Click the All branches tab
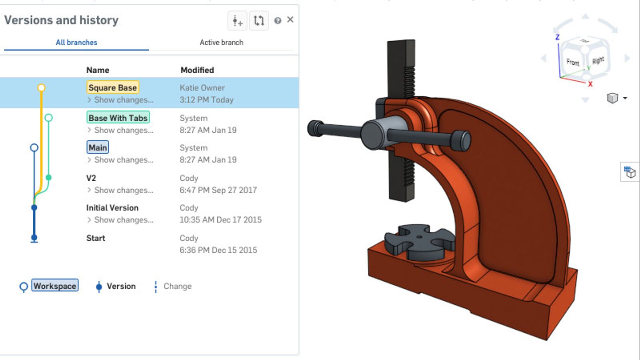pos(76,42)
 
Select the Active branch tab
pos(221,42)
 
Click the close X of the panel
pos(290,20)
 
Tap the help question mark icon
pos(278,20)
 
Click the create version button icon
pos(237,20)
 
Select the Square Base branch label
pos(112,88)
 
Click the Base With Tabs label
pos(118,118)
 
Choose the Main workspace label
pos(98,148)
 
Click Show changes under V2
pos(123,190)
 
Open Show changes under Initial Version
pos(123,220)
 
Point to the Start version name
pos(96,238)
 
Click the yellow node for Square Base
pos(41,88)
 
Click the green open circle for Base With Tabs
pos(48,118)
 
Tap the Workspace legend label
pos(55,286)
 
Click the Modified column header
pos(197,70)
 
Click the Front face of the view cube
pos(573,62)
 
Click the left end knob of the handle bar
pos(315,128)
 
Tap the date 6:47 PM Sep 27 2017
pos(218,190)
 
